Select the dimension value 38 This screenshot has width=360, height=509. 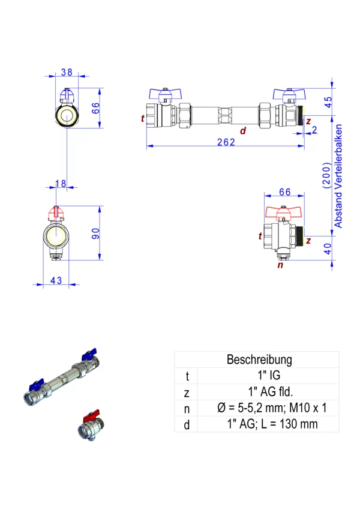point(67,72)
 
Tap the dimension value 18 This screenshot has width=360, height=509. point(61,183)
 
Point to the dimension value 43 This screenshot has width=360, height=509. point(56,280)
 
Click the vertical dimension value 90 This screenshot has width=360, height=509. point(95,233)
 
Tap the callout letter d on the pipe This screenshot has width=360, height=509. point(242,130)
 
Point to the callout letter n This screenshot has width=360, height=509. point(279,264)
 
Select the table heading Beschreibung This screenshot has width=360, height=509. point(259,360)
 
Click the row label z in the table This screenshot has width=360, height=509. point(187,392)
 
